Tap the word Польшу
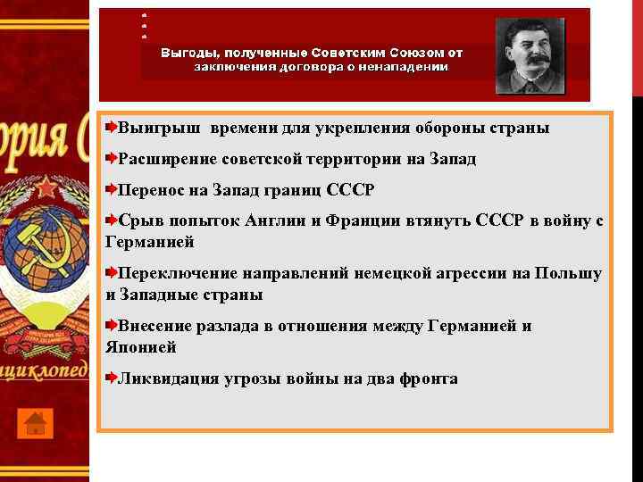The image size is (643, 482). point(567,273)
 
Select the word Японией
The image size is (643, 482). point(140,347)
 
